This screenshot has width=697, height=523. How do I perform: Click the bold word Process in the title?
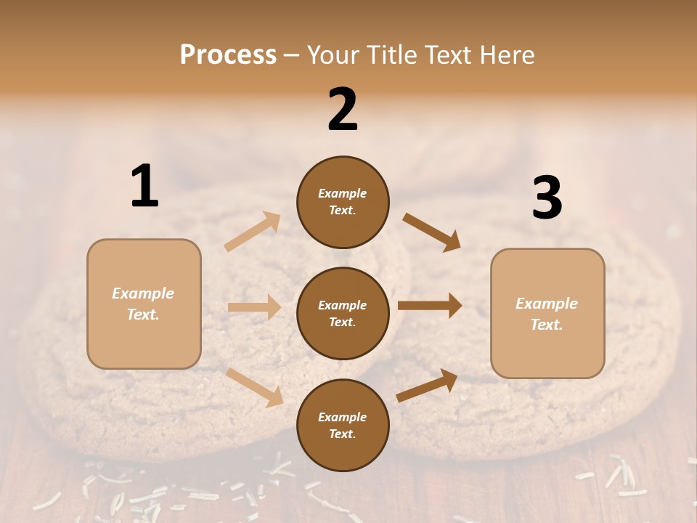point(228,55)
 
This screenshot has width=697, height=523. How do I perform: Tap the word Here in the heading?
point(504,55)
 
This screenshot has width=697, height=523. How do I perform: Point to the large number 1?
point(144,186)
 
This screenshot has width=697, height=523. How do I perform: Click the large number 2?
point(343,110)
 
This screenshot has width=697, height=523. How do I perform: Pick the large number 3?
point(547,198)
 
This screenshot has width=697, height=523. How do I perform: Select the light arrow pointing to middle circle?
point(254,307)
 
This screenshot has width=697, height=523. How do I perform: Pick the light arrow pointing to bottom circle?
point(255,387)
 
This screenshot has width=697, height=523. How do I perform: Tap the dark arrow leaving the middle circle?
point(430,306)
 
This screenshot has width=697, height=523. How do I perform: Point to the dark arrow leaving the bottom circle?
point(427,385)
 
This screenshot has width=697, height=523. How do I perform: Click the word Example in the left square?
point(143,293)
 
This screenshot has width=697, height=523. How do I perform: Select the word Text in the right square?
point(545,325)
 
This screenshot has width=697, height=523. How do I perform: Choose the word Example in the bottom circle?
point(342,417)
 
